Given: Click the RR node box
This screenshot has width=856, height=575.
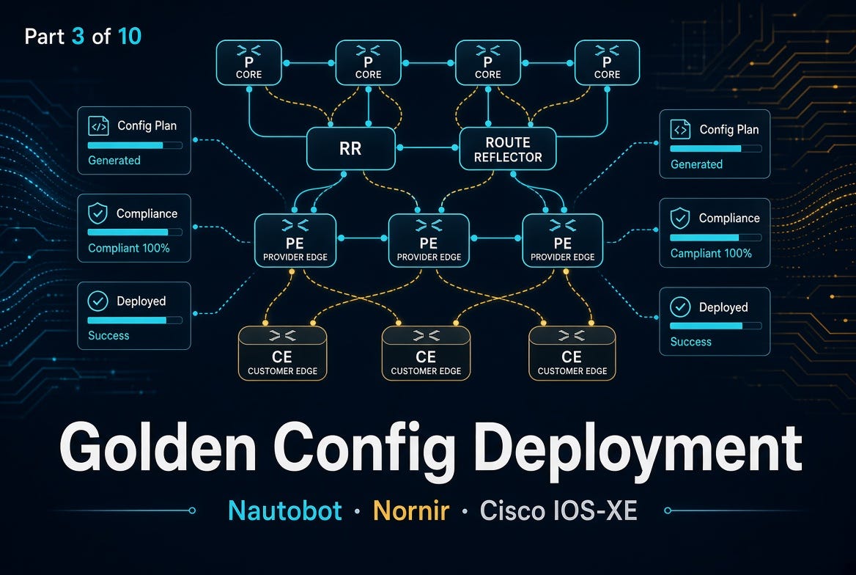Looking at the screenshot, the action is pos(350,148).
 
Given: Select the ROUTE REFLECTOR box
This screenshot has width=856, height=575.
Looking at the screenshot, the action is pos(508,149).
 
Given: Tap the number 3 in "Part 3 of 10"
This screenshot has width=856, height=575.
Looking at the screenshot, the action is pos(78,37).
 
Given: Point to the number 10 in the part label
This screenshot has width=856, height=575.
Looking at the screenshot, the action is pos(130,37).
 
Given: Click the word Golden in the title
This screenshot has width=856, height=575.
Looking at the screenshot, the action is pos(158,447).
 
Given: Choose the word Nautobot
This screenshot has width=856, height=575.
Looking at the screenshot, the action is pos(285,510).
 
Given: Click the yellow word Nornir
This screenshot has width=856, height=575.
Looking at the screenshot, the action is pos(411,510).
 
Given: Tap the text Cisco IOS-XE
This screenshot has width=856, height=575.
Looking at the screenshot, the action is pos(558,510).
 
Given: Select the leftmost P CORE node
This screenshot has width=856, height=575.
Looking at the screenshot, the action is pos(249,63).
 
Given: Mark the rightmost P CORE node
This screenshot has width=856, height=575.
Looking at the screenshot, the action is pos(607,63).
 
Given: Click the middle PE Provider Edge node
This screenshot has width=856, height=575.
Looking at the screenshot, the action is pos(429,241).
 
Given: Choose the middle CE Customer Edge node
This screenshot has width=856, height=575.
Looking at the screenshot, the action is pos(426,353).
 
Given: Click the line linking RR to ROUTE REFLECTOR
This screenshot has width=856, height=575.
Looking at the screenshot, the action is pos(427,147).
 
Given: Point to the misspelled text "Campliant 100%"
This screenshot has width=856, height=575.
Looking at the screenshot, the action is pos(711,253).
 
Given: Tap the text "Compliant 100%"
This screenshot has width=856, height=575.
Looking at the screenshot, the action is pos(129,248).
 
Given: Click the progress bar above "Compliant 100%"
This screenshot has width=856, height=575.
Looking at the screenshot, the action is pos(135,232).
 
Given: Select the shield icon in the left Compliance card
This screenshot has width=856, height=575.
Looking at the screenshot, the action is pos(97,213).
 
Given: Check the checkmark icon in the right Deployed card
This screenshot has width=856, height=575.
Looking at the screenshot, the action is pos(680,307).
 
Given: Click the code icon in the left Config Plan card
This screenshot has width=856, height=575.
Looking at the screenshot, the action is pos(98,125).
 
